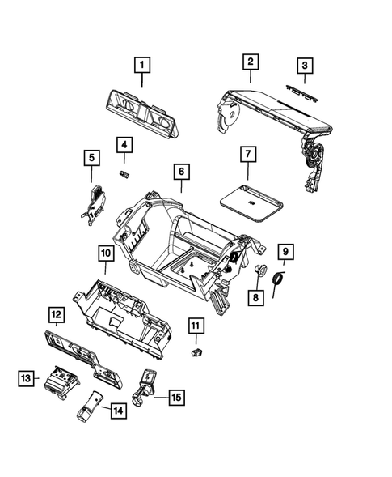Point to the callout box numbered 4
[124, 146]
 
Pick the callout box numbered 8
[255, 297]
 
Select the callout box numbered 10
[106, 254]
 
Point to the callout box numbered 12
[55, 314]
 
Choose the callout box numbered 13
[26, 377]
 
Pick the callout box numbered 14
[119, 411]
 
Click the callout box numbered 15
[175, 397]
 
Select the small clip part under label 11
[196, 352]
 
